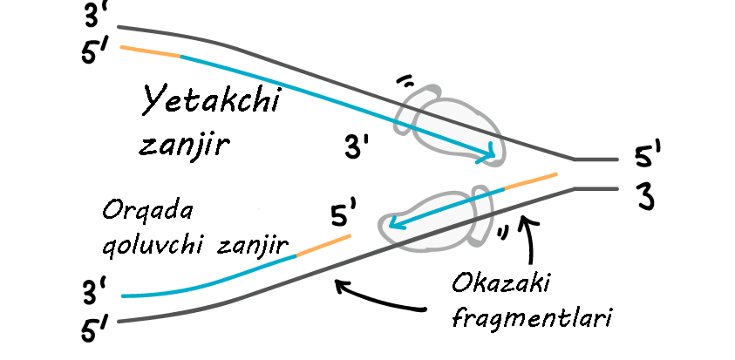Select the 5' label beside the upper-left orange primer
[93, 53]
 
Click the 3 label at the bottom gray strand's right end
[645, 197]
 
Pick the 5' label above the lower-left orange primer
[344, 213]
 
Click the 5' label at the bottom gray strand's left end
[93, 330]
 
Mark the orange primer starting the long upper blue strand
[149, 51]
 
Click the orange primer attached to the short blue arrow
[530, 181]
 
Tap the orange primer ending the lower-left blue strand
[323, 245]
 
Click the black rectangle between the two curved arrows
[532, 302]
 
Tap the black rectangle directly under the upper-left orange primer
[213, 123]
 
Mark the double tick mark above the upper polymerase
[405, 82]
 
